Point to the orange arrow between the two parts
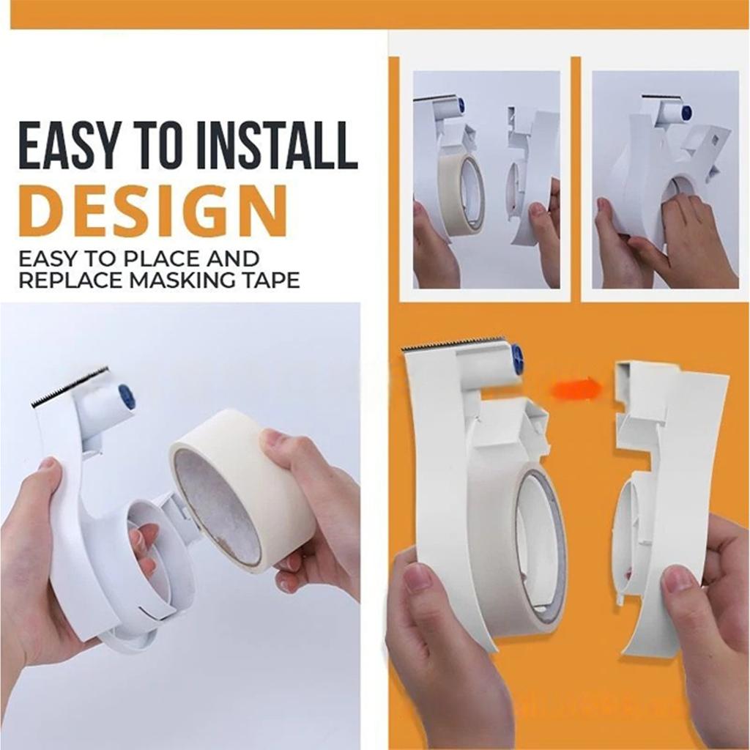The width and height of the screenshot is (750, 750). (x=576, y=389)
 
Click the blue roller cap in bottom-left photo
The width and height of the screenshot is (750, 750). (x=127, y=396)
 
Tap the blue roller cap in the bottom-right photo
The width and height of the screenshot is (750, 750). (x=518, y=360)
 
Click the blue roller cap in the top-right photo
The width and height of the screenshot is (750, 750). (x=686, y=113)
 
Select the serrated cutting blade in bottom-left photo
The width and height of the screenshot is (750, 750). (x=70, y=386)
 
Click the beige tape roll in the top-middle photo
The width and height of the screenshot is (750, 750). (x=461, y=194)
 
